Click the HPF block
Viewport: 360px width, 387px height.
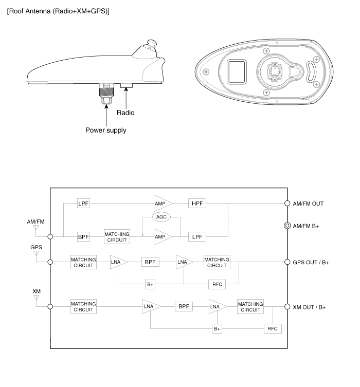[197, 203]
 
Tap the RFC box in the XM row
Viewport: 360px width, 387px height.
[273, 328]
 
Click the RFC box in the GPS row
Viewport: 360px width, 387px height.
[216, 283]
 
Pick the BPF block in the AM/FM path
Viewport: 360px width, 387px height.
[84, 237]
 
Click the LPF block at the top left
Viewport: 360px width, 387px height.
[84, 203]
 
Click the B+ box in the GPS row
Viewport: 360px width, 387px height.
[151, 283]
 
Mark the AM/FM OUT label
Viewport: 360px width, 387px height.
[308, 203]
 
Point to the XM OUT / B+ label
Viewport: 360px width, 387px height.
[309, 307]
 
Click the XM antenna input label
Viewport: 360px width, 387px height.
[37, 291]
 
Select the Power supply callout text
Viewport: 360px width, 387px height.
[105, 130]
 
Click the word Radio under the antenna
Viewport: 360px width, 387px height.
[125, 112]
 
